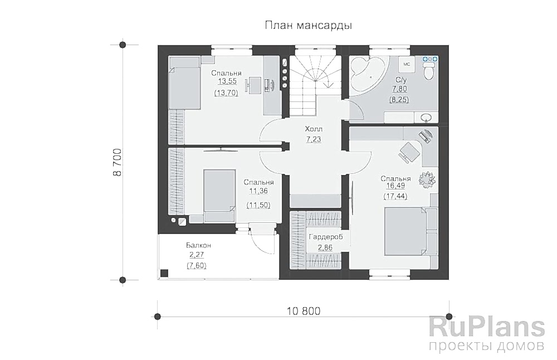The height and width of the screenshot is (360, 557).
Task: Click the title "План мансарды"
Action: pyautogui.click(x=307, y=25)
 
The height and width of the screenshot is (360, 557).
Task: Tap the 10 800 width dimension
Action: pyautogui.click(x=304, y=311)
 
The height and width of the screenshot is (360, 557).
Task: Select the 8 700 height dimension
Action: pyautogui.click(x=118, y=162)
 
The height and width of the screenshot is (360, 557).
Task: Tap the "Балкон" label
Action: pyautogui.click(x=198, y=245)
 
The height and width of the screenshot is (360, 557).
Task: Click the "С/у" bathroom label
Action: pyautogui.click(x=400, y=80)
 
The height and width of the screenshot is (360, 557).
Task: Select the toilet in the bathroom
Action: pyautogui.click(x=428, y=70)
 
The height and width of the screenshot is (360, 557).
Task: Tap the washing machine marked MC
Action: pyautogui.click(x=406, y=64)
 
